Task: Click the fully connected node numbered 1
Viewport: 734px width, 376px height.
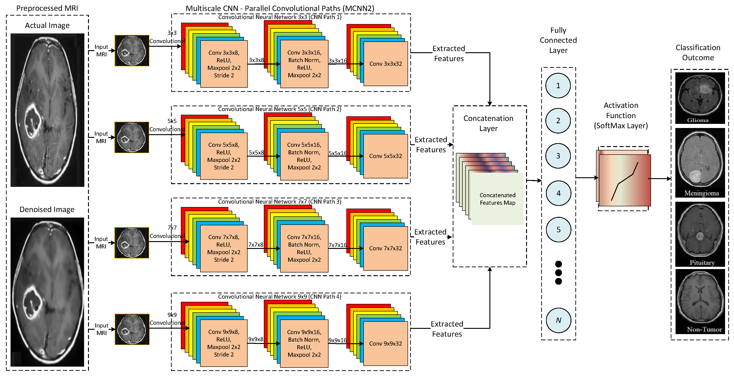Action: click(x=558, y=85)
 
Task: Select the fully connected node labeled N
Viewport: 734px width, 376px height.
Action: click(x=558, y=320)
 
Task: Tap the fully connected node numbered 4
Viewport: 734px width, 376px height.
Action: click(x=558, y=193)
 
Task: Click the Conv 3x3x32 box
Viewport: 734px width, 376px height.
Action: click(x=386, y=64)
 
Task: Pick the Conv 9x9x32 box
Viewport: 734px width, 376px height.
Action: click(x=386, y=343)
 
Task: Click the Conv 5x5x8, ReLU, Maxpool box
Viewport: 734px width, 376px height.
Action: click(x=224, y=156)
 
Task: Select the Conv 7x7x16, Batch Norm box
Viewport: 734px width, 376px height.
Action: click(x=304, y=248)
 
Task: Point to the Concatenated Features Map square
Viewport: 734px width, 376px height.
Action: click(x=497, y=199)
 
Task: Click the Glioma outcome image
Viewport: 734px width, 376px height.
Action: click(x=700, y=98)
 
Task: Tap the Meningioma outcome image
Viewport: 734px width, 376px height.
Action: click(x=700, y=163)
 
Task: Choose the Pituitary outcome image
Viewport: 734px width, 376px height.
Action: click(x=700, y=234)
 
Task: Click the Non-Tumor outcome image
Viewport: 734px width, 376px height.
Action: click(x=700, y=301)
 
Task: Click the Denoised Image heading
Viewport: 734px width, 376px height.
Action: click(x=47, y=210)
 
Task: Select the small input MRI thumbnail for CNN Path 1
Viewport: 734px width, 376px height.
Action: click(x=132, y=51)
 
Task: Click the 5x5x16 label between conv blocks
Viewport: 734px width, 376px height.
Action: click(x=338, y=153)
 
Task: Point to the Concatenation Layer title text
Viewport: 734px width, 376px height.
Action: click(x=488, y=123)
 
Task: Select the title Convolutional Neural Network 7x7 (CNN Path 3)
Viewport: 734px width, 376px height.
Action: click(x=279, y=202)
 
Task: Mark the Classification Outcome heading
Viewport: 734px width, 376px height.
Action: click(x=698, y=53)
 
